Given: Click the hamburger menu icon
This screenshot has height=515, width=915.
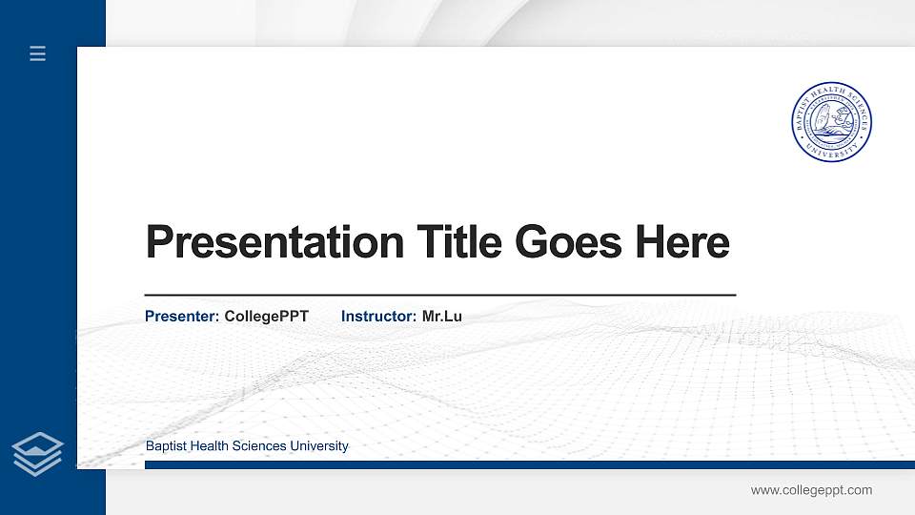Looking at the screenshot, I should point(38,53).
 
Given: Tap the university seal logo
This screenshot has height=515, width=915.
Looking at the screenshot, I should point(832,122).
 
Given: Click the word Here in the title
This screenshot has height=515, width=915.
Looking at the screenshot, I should point(682,242).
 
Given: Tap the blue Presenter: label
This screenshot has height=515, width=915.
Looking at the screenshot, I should point(182,316).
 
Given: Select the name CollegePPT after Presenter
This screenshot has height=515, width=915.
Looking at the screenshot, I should point(267,316).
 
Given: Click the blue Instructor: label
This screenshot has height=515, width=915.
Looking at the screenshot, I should point(378,316).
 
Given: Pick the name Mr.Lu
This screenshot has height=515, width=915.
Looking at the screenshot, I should point(442,316).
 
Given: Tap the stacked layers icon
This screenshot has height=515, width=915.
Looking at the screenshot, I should point(38,453).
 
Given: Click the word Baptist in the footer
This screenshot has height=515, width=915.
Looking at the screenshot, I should point(166,446).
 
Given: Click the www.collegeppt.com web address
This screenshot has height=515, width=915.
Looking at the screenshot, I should point(811,490).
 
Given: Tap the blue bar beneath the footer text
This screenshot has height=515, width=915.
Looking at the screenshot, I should point(524,464).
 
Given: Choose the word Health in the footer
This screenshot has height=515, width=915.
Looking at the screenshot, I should point(210,446).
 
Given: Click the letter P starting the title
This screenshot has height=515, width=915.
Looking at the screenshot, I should point(159,242).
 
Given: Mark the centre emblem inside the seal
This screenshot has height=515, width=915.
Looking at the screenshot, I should point(832,122).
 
